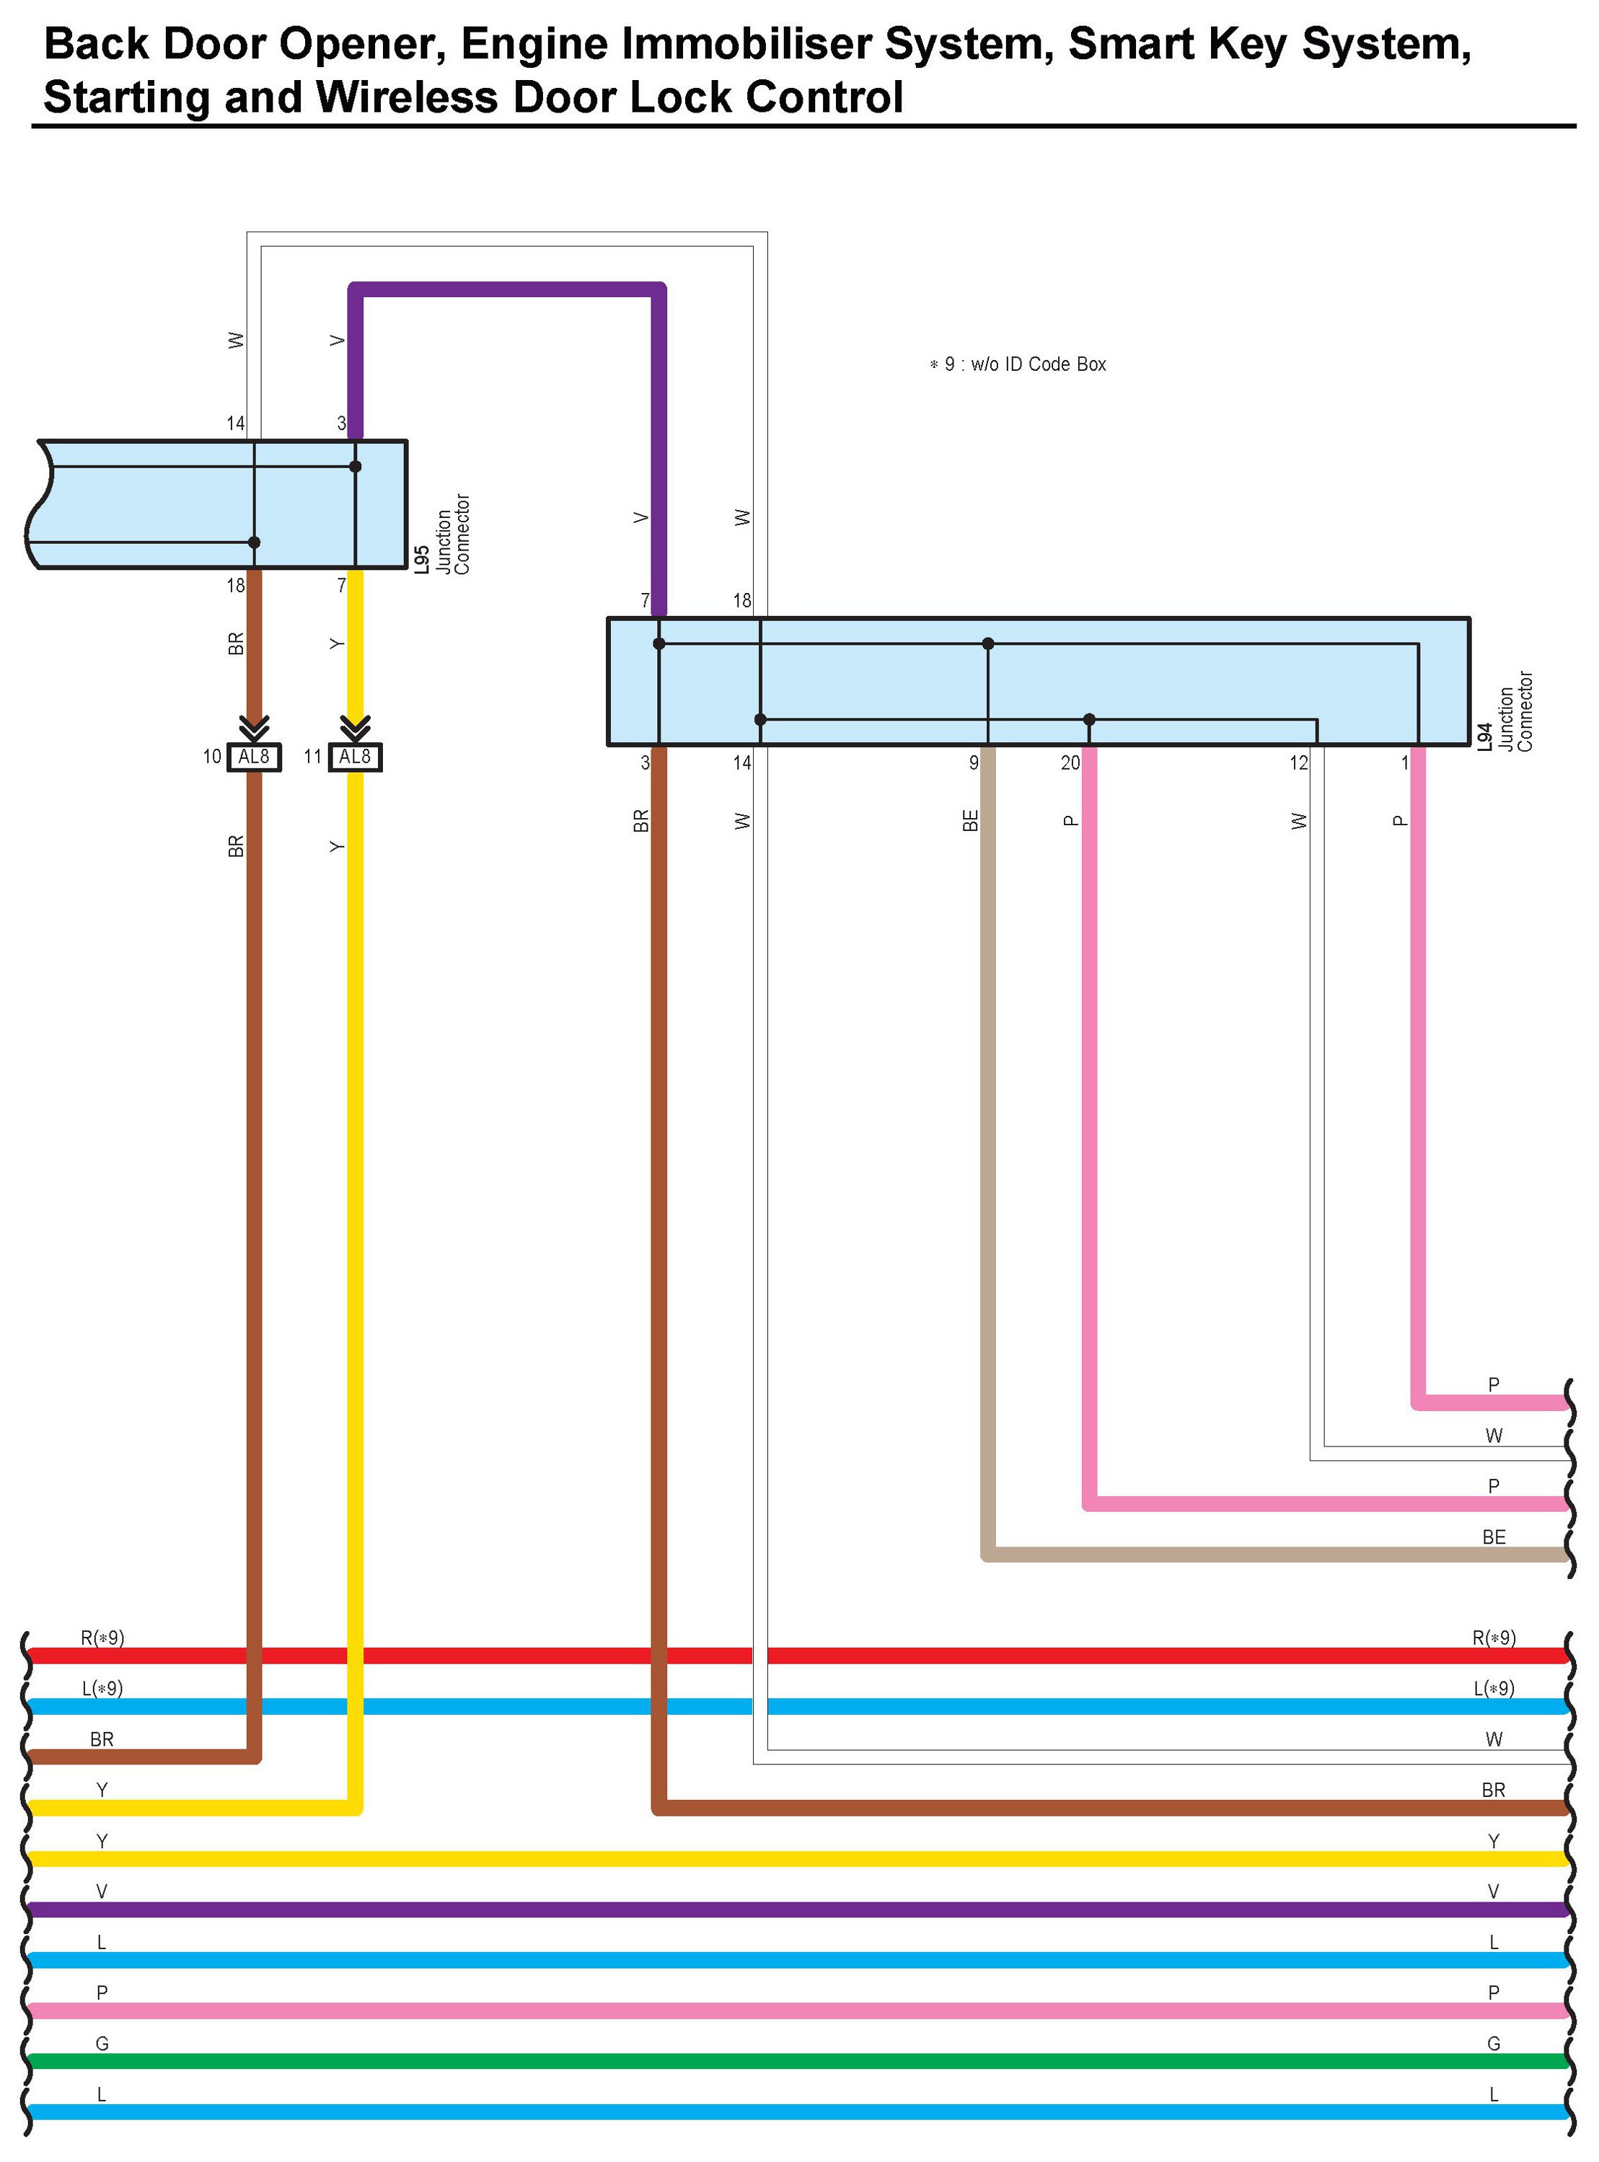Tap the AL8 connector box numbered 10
(x=254, y=756)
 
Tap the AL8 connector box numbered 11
(x=356, y=756)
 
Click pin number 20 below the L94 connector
(x=1070, y=763)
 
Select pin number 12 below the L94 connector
(x=1298, y=763)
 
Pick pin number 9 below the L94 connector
(x=974, y=763)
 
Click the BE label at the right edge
(x=1494, y=1537)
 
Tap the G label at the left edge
(x=102, y=2043)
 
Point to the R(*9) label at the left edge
(x=102, y=1638)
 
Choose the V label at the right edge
(x=1494, y=1891)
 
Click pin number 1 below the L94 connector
(x=1404, y=763)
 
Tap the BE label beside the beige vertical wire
(x=971, y=820)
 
